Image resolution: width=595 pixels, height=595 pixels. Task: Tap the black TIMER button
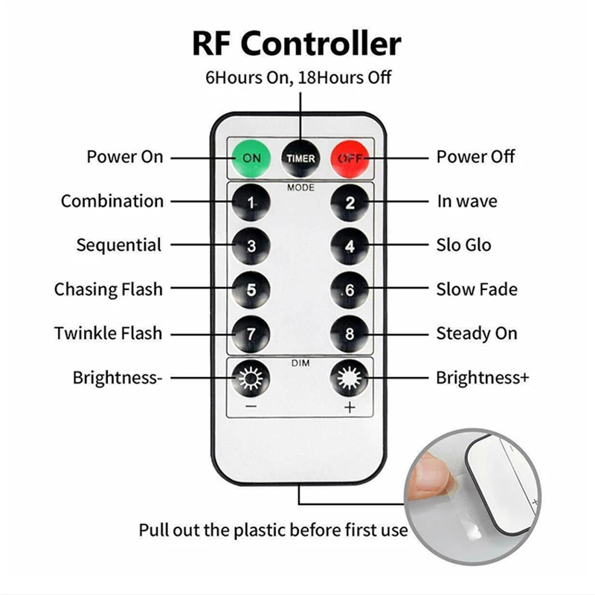(300, 158)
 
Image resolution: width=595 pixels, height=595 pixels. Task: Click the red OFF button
(349, 158)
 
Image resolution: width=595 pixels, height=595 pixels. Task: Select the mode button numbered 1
(251, 202)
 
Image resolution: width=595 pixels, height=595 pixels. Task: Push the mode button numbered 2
(350, 202)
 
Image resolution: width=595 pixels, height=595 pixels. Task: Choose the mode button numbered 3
(251, 245)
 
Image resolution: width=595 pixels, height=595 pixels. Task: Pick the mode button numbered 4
(350, 245)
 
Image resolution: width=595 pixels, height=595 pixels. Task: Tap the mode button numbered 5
(251, 289)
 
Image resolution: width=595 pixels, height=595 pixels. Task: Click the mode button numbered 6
(350, 289)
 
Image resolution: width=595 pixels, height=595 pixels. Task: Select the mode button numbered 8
(350, 333)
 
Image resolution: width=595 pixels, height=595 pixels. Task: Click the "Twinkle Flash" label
(108, 333)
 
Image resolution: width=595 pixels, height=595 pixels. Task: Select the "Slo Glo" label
(463, 245)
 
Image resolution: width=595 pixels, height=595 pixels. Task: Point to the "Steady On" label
(476, 333)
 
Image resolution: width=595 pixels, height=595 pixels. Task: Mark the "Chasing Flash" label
(108, 289)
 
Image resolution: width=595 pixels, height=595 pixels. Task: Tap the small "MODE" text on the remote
(300, 187)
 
